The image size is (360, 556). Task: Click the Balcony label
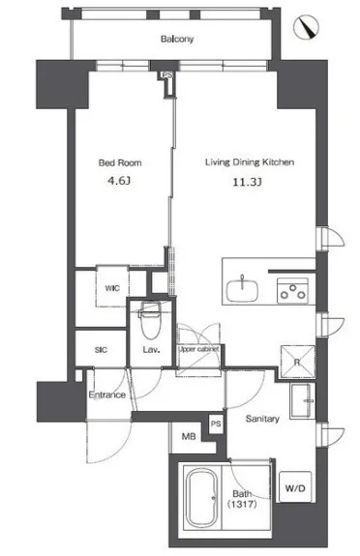pyautogui.click(x=177, y=39)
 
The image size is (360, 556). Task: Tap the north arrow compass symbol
pyautogui.click(x=307, y=27)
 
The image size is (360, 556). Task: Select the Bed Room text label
pyautogui.click(x=120, y=162)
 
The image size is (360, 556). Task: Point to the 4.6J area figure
pyautogui.click(x=119, y=181)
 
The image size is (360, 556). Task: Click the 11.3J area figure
pyautogui.click(x=247, y=182)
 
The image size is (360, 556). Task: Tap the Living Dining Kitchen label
pyautogui.click(x=250, y=162)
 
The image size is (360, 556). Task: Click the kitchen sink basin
pyautogui.click(x=243, y=290)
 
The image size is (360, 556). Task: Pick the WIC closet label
pyautogui.click(x=112, y=288)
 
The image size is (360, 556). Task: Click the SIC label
pyautogui.click(x=101, y=350)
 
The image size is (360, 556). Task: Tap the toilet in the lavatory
pyautogui.click(x=151, y=319)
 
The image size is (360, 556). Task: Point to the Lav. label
pyautogui.click(x=151, y=350)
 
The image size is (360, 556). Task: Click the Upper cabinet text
pyautogui.click(x=198, y=349)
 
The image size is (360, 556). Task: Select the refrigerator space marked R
pyautogui.click(x=297, y=362)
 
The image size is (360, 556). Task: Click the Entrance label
pyautogui.click(x=106, y=395)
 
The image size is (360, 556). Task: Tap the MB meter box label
pyautogui.click(x=189, y=436)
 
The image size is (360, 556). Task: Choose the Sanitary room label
pyautogui.click(x=262, y=419)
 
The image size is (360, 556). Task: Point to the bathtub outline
pyautogui.click(x=201, y=497)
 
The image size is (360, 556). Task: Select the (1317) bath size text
pyautogui.click(x=242, y=504)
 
